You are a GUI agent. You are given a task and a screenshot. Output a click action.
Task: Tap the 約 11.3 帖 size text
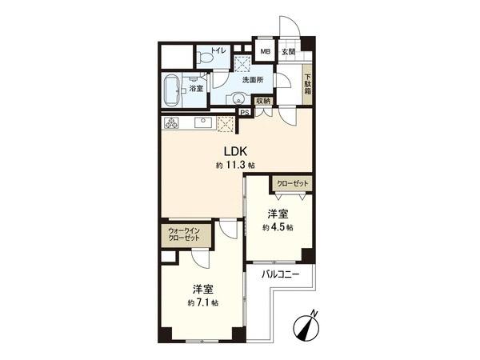coord(235,166)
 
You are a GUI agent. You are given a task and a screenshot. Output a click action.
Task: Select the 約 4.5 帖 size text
coord(277,227)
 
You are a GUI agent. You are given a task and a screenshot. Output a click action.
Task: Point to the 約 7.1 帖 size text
coord(202,302)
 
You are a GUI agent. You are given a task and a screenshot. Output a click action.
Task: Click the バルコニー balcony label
coord(280,274)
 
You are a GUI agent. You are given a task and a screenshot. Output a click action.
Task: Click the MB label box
coord(265,52)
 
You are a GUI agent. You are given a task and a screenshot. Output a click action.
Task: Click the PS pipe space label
coord(244,113)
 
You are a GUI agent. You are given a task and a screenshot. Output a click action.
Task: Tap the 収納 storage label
coord(263,101)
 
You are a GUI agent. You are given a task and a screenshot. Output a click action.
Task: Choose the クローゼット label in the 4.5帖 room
coord(289,183)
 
